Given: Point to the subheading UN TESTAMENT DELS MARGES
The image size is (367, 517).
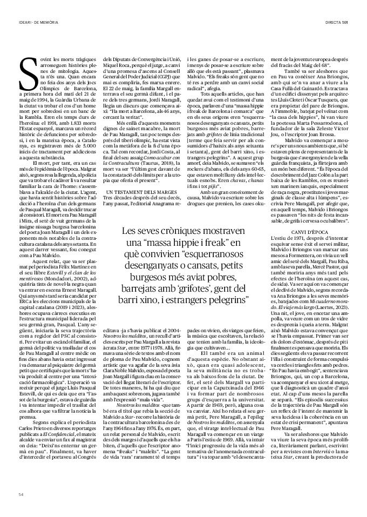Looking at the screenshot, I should (x=135, y=192).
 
